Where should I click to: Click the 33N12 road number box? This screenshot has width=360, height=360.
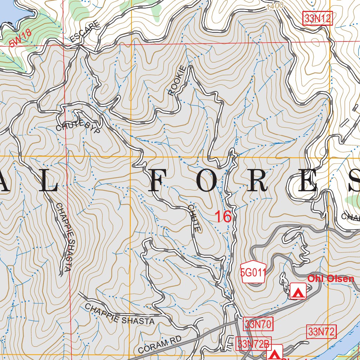point(317,19)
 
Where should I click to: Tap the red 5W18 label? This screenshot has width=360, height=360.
point(20,38)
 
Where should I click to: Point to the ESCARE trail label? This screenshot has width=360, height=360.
point(85,33)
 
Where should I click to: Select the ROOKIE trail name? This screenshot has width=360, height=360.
point(176,81)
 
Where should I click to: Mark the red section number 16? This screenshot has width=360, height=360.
point(223,217)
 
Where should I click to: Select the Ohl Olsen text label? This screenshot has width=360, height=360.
point(330,279)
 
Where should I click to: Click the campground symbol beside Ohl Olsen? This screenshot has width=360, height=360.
point(298,291)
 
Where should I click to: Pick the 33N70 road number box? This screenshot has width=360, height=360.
point(258,324)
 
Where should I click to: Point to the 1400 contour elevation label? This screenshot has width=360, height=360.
point(275,6)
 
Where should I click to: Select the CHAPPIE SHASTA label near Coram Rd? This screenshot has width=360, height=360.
point(120,314)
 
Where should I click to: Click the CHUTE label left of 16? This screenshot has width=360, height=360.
point(194,218)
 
